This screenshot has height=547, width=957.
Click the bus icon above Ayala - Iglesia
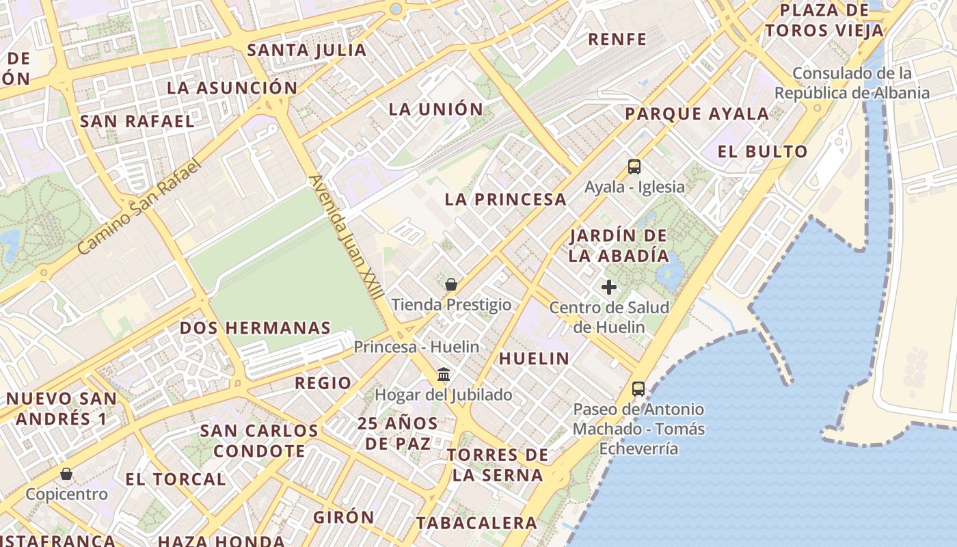(x=634, y=166)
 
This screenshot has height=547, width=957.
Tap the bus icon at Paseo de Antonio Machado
(x=638, y=389)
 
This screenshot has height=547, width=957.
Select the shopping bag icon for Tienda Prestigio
(x=451, y=284)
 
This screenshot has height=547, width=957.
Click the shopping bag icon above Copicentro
(x=66, y=474)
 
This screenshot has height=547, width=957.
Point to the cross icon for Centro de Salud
(x=609, y=287)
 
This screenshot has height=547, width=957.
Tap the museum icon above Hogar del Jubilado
(x=444, y=374)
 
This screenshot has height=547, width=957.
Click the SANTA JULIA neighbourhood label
(x=307, y=50)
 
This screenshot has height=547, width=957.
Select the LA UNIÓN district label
(x=436, y=109)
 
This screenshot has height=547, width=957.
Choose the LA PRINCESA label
(x=506, y=200)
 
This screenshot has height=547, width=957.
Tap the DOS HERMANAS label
(x=255, y=328)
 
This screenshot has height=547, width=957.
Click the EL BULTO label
(x=763, y=152)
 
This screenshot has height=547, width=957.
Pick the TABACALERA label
(x=477, y=523)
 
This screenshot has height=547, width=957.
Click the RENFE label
(x=617, y=39)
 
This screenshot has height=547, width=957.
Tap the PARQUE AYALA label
(x=697, y=114)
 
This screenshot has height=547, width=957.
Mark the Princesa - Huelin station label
(x=416, y=347)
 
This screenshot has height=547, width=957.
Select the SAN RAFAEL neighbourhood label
(x=137, y=122)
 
